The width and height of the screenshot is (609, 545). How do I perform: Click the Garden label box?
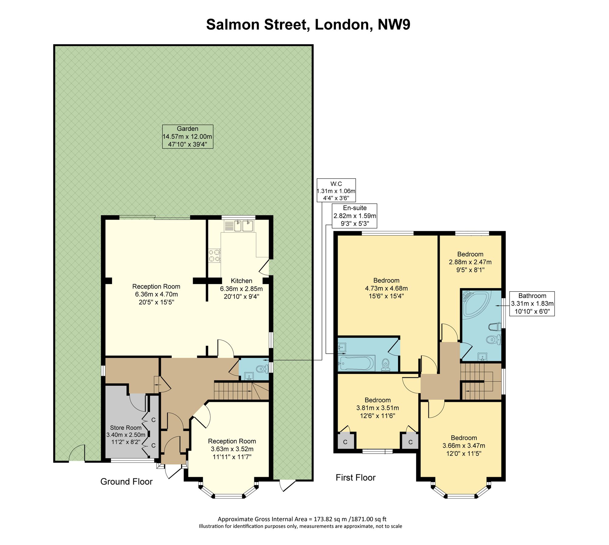(187, 137)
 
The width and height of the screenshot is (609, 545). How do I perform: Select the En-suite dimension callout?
(355, 216)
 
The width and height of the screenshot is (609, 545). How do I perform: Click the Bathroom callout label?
(532, 304)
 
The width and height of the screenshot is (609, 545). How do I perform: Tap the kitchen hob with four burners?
(214, 255)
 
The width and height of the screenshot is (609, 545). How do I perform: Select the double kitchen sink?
(243, 226)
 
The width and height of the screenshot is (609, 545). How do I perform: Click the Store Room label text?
(126, 428)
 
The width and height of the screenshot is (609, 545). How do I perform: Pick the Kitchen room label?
(241, 281)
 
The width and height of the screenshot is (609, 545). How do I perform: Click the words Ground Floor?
(126, 481)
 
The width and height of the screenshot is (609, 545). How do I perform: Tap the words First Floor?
(356, 477)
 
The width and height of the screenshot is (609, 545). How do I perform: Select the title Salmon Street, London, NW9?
(308, 25)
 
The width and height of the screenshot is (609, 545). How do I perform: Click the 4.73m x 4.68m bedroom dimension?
(386, 288)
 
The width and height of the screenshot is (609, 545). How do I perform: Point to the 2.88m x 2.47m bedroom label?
(470, 262)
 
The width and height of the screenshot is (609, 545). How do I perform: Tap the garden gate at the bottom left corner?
(77, 454)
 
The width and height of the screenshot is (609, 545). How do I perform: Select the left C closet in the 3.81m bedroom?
(345, 442)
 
